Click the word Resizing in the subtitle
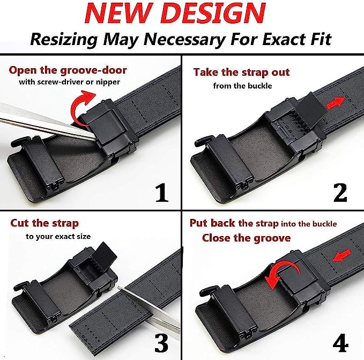[64, 40]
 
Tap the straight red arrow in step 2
[336, 103]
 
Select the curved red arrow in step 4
[281, 271]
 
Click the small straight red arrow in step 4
[342, 256]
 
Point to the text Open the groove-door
[68, 70]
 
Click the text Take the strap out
[241, 72]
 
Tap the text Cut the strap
[44, 223]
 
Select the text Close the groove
[246, 238]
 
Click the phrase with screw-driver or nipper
[69, 82]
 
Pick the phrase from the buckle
[243, 86]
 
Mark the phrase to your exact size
[58, 237]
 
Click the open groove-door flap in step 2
[310, 108]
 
